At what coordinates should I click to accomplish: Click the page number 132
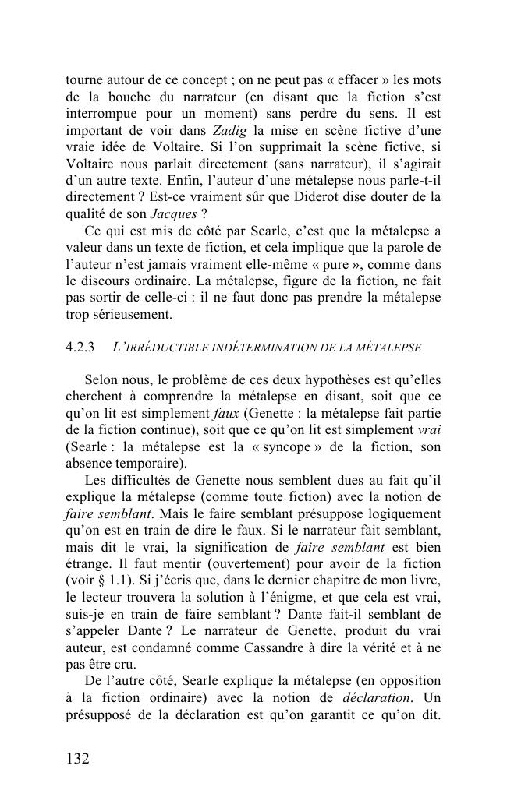(78, 757)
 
